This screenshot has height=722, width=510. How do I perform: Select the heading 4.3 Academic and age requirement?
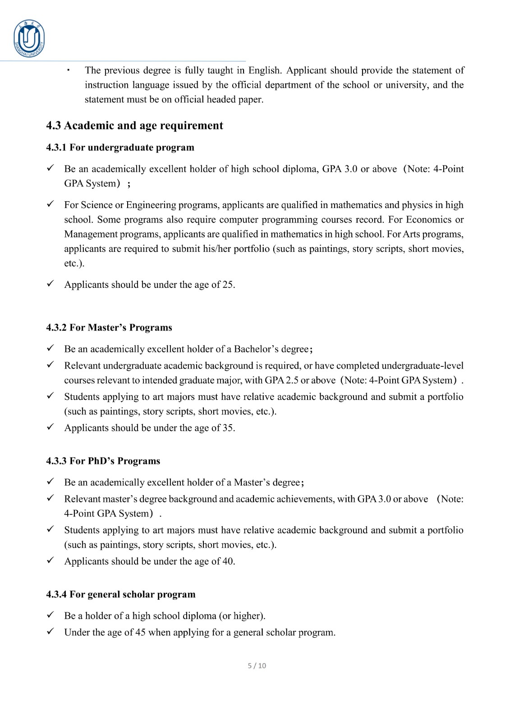134,125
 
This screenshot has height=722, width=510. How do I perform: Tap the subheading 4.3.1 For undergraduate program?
120,148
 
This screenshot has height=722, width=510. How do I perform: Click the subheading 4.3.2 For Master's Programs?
109,328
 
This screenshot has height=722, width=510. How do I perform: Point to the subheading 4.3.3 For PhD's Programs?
103,461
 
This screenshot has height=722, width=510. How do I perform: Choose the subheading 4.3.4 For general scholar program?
121,594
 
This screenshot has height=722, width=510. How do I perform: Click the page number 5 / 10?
257,666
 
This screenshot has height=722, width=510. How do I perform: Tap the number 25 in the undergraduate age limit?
228,285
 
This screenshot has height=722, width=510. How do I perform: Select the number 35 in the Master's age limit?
228,428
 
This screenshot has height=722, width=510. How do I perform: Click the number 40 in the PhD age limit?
228,561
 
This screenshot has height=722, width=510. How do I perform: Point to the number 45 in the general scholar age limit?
140,632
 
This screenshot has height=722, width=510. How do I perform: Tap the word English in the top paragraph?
265,70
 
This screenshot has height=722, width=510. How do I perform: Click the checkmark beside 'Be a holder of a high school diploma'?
51,616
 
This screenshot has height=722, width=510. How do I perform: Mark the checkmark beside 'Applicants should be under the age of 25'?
51,284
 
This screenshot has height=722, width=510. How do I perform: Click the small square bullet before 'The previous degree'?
68,70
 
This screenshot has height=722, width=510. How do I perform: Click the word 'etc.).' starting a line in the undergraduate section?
74,264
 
